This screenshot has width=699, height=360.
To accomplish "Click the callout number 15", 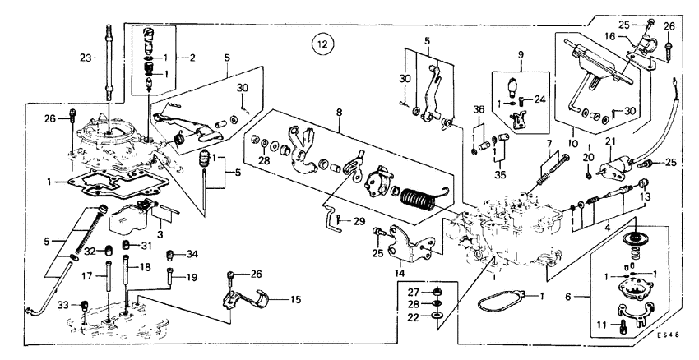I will [294, 301].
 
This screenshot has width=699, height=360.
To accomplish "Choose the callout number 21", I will [611, 141].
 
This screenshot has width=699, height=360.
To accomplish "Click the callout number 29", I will [359, 222].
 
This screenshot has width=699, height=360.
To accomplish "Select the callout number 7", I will [544, 145].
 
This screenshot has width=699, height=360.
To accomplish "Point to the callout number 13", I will [645, 198].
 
